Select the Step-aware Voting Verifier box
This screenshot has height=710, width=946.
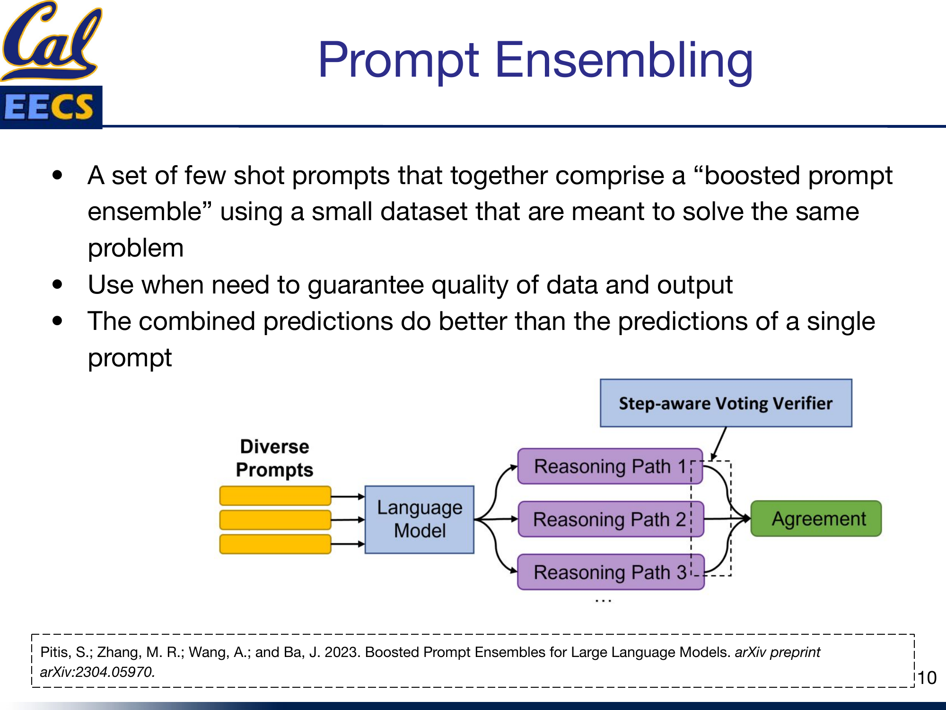[726, 403]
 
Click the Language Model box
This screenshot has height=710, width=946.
[419, 519]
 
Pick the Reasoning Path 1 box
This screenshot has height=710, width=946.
[609, 467]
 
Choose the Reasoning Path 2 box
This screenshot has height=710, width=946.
[609, 520]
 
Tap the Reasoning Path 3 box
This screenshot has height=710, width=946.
[609, 572]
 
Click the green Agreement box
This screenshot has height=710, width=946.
[816, 519]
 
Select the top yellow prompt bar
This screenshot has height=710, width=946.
[275, 496]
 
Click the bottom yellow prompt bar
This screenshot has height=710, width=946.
[275, 544]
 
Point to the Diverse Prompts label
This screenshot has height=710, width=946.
[274, 458]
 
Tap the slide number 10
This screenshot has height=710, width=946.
[927, 678]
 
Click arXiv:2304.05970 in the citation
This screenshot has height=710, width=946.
[97, 672]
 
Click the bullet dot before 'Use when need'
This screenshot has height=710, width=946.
[58, 284]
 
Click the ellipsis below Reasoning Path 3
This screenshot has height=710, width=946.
[603, 601]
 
